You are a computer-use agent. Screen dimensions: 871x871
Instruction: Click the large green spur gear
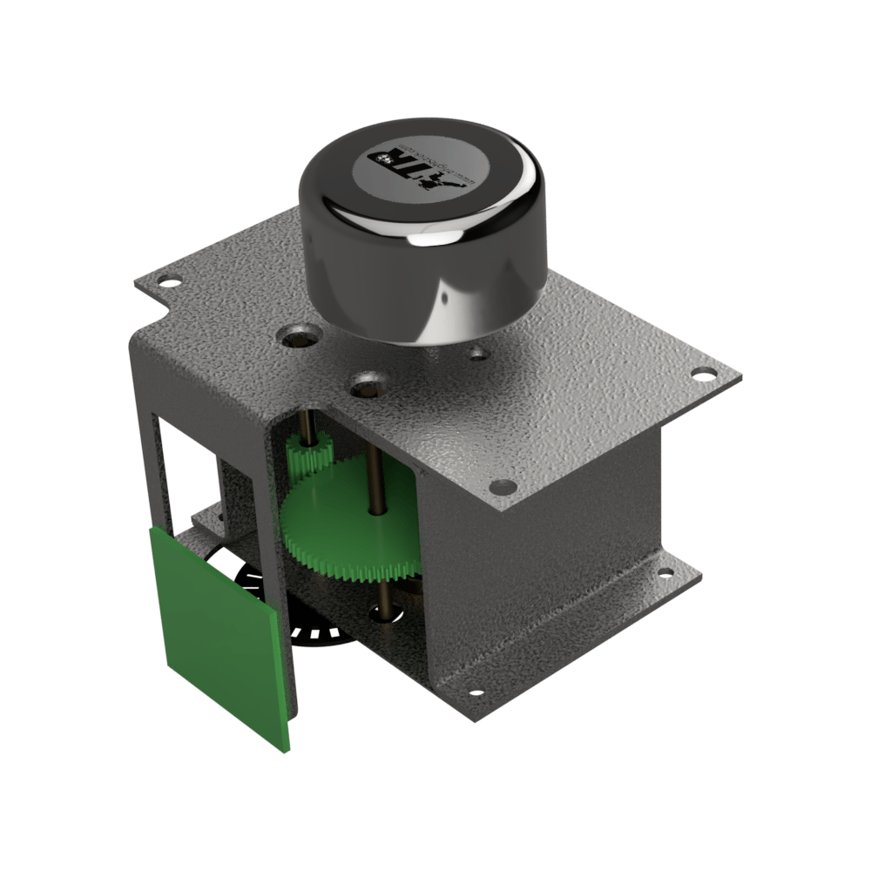[x=348, y=531]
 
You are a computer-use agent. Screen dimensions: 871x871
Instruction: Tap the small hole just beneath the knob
[x=476, y=354]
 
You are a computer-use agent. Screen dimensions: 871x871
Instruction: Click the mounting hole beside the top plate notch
[x=169, y=282]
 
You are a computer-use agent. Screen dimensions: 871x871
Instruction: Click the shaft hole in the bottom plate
[x=383, y=614]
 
